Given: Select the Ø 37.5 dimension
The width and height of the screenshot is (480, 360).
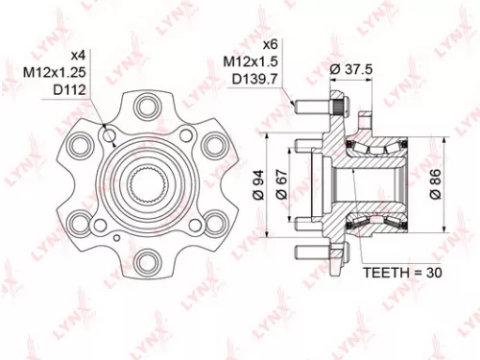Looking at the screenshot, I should (351, 69).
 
